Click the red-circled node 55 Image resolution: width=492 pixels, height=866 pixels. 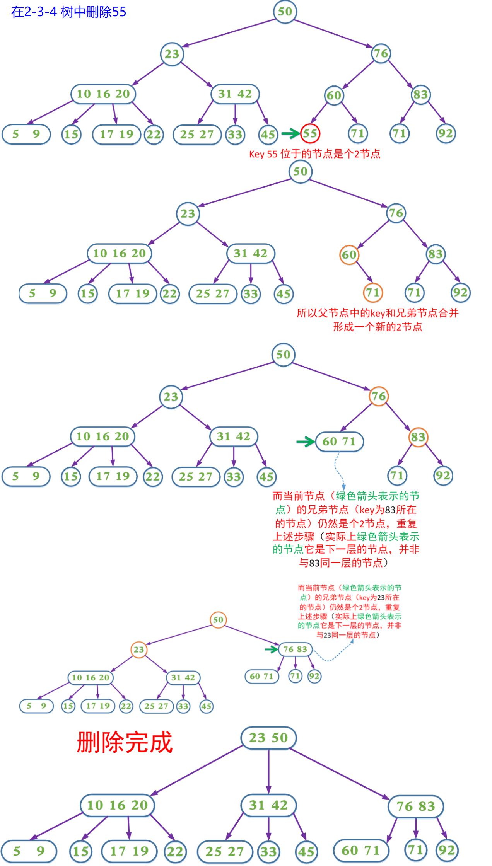310,133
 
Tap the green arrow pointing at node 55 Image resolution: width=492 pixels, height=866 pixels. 290,133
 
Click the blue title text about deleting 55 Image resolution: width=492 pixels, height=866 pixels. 69,12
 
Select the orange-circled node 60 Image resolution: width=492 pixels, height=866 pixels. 349,255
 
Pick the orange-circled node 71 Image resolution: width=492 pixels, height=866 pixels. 373,292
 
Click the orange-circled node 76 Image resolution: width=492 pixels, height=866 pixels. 379,396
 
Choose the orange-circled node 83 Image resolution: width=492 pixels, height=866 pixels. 418,437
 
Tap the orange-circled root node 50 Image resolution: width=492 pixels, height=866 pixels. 218,620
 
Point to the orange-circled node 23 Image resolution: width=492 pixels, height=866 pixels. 139,649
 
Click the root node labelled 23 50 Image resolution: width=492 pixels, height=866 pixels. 268,738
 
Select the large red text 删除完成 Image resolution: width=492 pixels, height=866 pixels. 125,742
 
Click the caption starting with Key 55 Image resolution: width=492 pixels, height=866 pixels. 314,154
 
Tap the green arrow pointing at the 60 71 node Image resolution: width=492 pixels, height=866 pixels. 306,442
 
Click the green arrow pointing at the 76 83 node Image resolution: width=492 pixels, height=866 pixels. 272,649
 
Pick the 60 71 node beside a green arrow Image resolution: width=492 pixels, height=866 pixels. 339,442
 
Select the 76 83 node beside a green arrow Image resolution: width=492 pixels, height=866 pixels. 296,649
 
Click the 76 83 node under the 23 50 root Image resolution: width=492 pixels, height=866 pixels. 416,806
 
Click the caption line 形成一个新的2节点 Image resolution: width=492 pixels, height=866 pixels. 378,327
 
